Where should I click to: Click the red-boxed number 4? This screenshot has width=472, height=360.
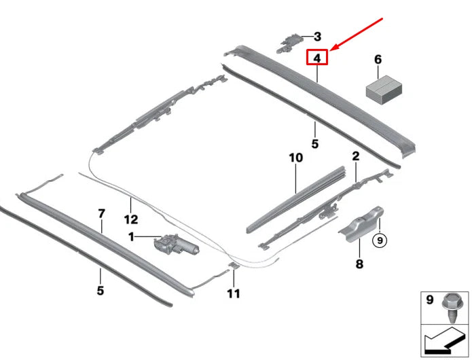click(x=317, y=58)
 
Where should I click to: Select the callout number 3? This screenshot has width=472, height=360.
click(x=317, y=37)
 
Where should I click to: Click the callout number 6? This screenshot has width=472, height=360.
click(x=378, y=60)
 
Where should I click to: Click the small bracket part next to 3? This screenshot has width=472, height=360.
click(x=289, y=42)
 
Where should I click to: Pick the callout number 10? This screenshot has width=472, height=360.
click(x=295, y=158)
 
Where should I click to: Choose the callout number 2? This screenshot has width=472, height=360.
click(x=355, y=157)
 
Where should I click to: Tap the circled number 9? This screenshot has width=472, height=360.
click(x=379, y=239)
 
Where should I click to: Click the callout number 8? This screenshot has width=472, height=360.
click(x=359, y=264)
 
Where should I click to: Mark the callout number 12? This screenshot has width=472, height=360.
click(x=130, y=219)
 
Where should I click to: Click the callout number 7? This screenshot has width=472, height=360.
click(x=101, y=214)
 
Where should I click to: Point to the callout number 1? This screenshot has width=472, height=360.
click(x=132, y=236)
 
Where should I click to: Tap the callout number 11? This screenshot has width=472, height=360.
click(x=234, y=294)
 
